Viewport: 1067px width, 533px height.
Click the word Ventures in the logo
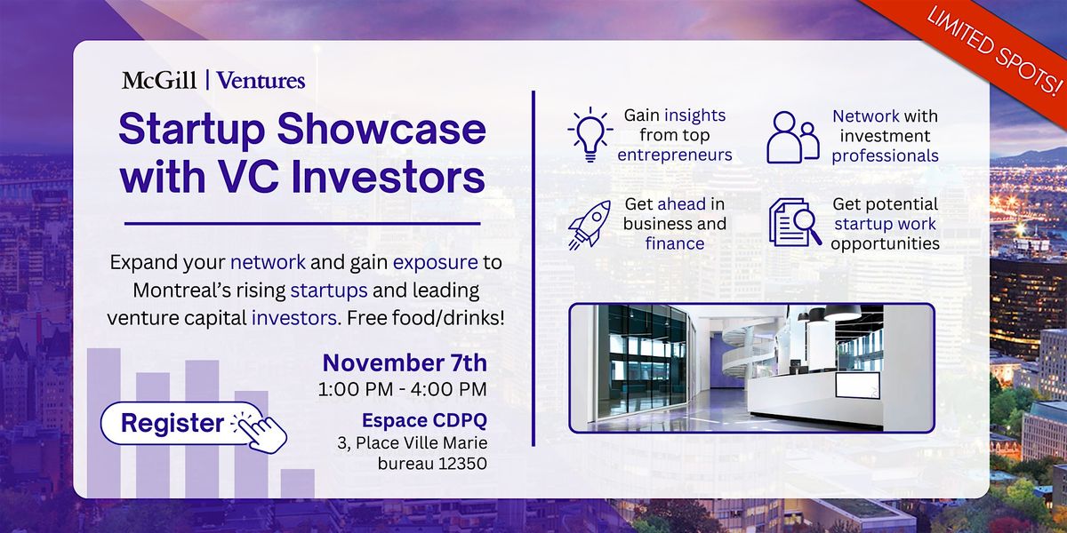pos(261,81)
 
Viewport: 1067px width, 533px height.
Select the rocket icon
pos(590,224)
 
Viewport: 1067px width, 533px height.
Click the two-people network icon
pos(792,137)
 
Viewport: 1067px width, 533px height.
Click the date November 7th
pos(405,362)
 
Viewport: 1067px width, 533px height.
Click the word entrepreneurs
pos(675,155)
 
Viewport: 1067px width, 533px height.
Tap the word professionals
pos(885,155)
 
